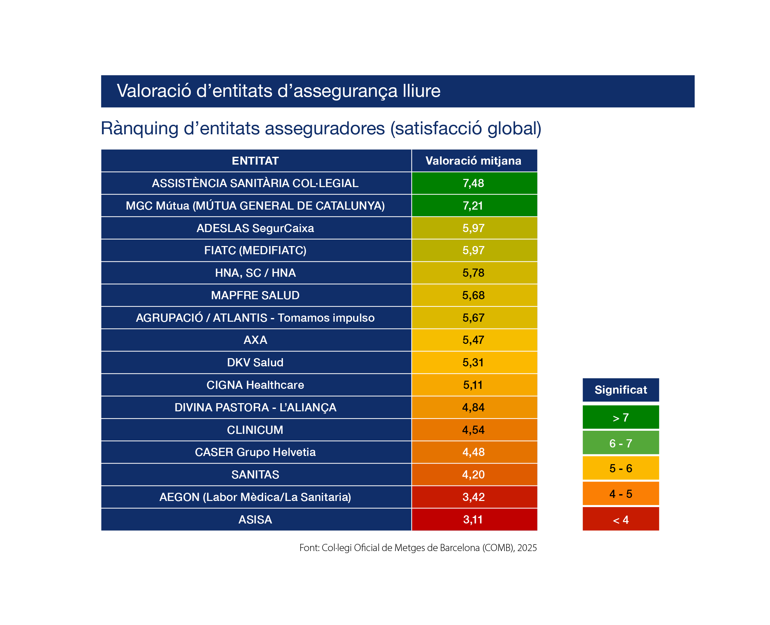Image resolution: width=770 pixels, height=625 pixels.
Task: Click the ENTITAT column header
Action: coord(255,161)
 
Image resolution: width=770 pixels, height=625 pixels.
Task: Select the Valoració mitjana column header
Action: coord(473,161)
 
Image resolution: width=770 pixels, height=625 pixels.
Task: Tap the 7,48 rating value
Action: coord(473,183)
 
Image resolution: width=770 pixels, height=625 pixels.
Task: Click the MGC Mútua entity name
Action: coord(255,205)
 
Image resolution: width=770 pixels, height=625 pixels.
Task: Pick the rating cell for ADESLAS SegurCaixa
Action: coord(473,228)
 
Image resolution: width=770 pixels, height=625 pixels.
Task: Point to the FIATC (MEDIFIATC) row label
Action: coord(255,250)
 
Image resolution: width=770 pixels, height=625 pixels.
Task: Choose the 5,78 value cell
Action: coord(473,273)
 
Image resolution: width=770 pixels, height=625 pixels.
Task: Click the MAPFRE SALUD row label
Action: coord(255,295)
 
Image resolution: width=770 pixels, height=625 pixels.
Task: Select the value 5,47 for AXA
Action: coord(473,340)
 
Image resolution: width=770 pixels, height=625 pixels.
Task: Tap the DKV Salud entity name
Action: coord(255,362)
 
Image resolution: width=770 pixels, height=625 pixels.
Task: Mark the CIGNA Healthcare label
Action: coord(255,385)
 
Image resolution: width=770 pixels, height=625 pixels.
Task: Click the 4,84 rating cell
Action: coord(473,407)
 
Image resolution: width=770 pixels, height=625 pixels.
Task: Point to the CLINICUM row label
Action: coord(255,430)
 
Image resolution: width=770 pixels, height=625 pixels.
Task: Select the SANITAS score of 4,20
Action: coord(473,474)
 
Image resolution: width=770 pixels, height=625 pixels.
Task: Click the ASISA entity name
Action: coord(255,519)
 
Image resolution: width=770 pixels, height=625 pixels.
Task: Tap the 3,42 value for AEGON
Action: coord(473,497)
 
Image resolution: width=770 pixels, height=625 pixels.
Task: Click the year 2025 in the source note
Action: coord(527,548)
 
